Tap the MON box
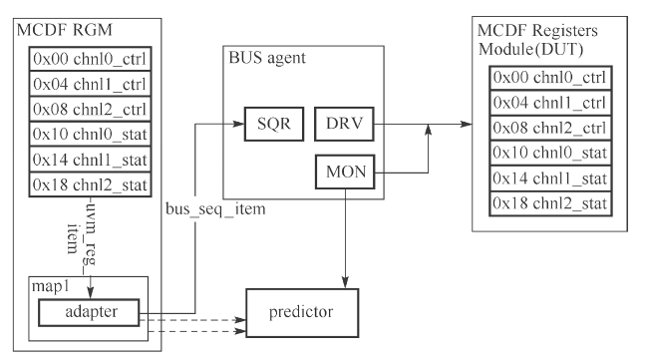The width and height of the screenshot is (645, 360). [342, 173]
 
